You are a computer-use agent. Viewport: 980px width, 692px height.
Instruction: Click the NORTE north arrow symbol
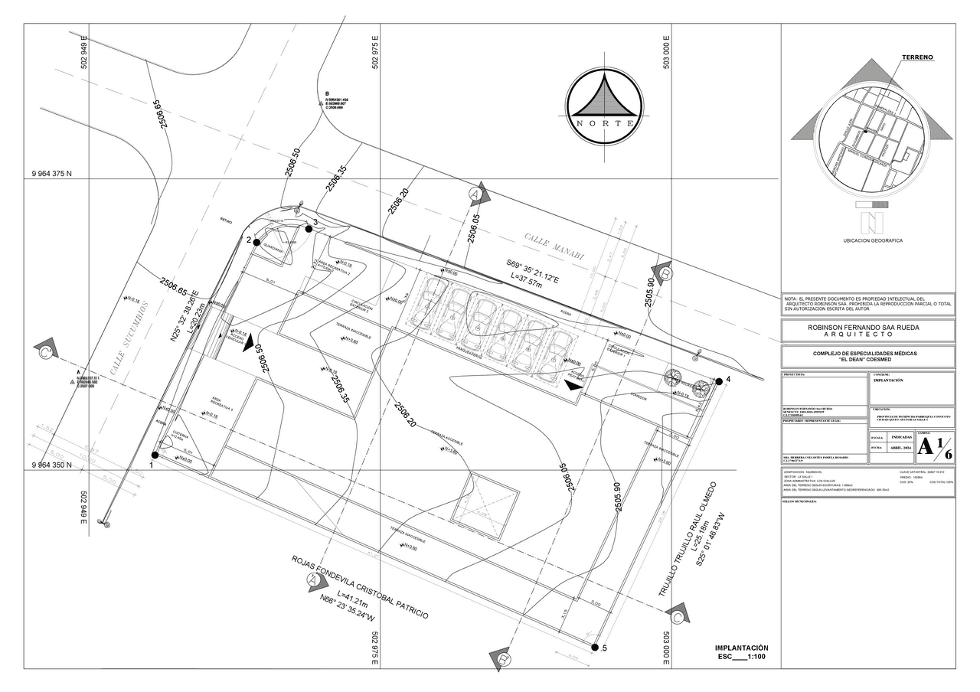(x=604, y=106)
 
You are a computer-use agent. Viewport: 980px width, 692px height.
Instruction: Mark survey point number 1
(x=155, y=455)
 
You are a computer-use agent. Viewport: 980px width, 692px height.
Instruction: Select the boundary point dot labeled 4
(x=718, y=380)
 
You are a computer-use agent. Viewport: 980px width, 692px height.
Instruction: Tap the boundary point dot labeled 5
(x=594, y=647)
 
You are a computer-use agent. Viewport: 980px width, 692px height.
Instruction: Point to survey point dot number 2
(x=257, y=242)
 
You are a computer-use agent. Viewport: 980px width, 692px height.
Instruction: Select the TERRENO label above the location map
(x=916, y=58)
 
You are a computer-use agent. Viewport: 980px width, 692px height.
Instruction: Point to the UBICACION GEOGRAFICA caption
(x=872, y=240)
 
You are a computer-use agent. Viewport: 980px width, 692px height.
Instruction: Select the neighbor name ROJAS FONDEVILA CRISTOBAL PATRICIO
(x=359, y=589)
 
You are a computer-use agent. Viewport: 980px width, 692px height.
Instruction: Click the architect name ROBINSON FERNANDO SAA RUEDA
(x=869, y=328)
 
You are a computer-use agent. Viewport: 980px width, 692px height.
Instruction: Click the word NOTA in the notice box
(x=791, y=299)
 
